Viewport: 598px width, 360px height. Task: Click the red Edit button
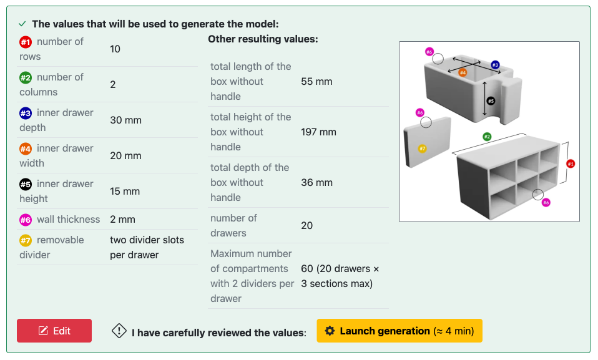pos(54,331)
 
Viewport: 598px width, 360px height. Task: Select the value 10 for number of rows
pos(115,49)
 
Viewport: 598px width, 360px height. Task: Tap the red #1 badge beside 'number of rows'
pos(26,42)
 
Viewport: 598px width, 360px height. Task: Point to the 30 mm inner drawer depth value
pos(125,120)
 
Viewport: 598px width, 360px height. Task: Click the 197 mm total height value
pos(318,132)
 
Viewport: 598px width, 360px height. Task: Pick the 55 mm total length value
pos(316,81)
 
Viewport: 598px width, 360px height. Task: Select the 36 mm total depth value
pos(316,182)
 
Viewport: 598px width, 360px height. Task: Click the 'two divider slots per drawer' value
pos(147,247)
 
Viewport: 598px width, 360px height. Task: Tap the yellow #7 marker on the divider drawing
pos(422,148)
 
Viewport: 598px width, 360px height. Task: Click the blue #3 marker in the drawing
pos(495,65)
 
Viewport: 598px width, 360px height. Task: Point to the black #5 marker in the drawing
pos(491,101)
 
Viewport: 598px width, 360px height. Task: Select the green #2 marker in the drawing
pos(487,136)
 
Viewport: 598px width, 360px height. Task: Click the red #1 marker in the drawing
pos(571,163)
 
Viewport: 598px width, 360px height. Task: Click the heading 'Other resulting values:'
pos(263,39)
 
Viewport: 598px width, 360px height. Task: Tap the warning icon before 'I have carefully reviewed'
pos(119,331)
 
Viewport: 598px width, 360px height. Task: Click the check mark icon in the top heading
pos(22,24)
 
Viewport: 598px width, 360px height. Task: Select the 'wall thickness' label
pos(68,219)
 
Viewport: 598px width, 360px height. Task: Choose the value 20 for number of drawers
pos(306,225)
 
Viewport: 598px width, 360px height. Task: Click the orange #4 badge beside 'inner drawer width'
pos(26,148)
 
